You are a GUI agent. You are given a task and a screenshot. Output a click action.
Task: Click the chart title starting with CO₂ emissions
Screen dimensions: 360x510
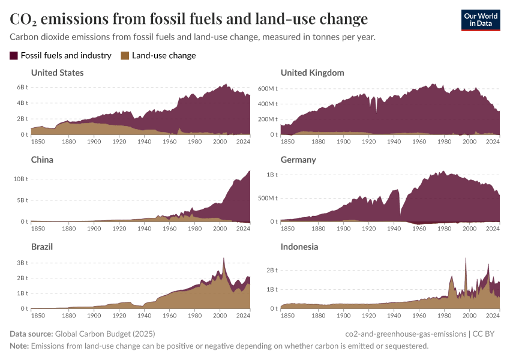[x=188, y=19]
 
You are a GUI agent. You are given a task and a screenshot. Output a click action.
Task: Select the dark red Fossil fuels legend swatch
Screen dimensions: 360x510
[x=14, y=56]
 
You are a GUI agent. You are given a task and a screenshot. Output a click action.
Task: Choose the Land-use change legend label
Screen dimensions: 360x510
[x=164, y=56]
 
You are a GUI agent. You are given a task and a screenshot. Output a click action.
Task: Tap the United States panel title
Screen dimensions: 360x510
[x=57, y=73]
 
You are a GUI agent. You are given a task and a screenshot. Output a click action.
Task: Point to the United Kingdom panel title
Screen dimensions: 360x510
[x=312, y=73]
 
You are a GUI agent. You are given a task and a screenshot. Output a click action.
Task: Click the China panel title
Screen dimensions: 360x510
[x=42, y=160]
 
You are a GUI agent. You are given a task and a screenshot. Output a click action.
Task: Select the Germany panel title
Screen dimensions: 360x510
[x=298, y=160]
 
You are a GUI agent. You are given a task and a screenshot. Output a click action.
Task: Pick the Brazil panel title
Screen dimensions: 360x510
[x=42, y=247]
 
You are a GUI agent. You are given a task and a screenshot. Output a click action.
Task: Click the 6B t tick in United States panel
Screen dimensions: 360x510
[x=22, y=88]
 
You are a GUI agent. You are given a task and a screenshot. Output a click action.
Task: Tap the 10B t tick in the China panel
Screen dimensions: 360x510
[x=20, y=179]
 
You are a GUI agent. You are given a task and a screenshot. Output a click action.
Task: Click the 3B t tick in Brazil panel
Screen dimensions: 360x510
[x=22, y=263]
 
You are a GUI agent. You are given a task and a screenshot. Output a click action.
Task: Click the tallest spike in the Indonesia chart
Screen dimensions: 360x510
[x=466, y=259]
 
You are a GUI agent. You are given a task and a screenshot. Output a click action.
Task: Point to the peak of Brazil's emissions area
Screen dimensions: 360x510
[x=223, y=259]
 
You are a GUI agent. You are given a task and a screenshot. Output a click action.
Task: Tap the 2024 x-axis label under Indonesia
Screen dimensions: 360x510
[x=492, y=315]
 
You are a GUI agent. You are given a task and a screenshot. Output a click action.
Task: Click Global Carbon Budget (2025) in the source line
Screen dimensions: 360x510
[x=104, y=334]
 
